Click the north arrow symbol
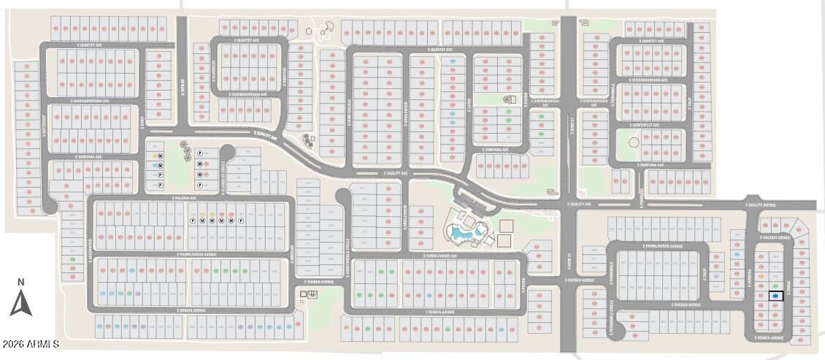20,303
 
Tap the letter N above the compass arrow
21,282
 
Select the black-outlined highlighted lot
775,296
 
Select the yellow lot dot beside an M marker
154,156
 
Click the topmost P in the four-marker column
199,153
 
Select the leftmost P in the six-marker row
193,221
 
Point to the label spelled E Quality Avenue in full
761,205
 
